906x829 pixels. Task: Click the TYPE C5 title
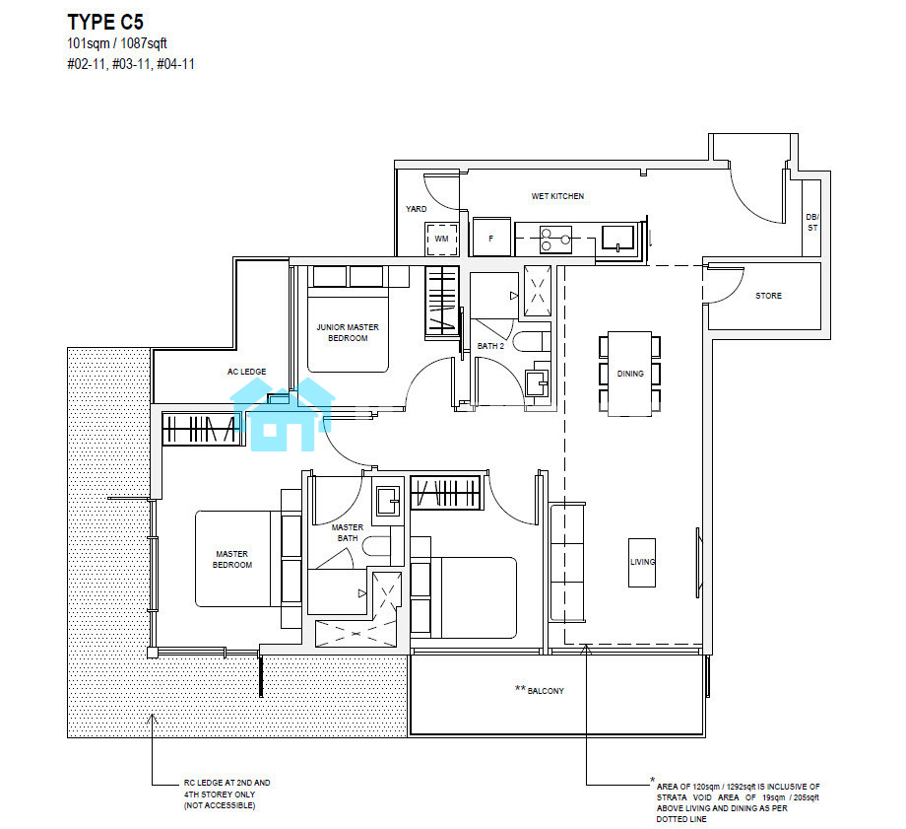[x=105, y=22]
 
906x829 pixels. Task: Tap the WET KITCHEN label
[x=557, y=196]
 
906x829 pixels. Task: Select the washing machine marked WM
[x=441, y=239]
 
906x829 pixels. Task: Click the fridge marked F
[x=491, y=237]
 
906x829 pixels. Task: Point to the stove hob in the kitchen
[x=555, y=240]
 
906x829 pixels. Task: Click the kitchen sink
[x=617, y=238]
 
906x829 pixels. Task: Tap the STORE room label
[x=768, y=296]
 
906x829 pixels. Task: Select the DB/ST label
[x=812, y=222]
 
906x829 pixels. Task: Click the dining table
[x=630, y=374]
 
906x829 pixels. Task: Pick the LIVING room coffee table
[x=642, y=562]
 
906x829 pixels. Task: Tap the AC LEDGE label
[x=247, y=372]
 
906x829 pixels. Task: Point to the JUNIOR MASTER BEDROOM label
[x=348, y=332]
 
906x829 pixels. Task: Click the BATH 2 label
[x=490, y=346]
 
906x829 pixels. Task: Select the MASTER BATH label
[x=348, y=533]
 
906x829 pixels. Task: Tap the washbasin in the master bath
[x=388, y=501]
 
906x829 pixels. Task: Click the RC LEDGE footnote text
[x=227, y=794]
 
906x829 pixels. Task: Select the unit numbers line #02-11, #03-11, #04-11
[x=131, y=64]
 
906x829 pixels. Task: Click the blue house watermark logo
[x=283, y=414]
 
